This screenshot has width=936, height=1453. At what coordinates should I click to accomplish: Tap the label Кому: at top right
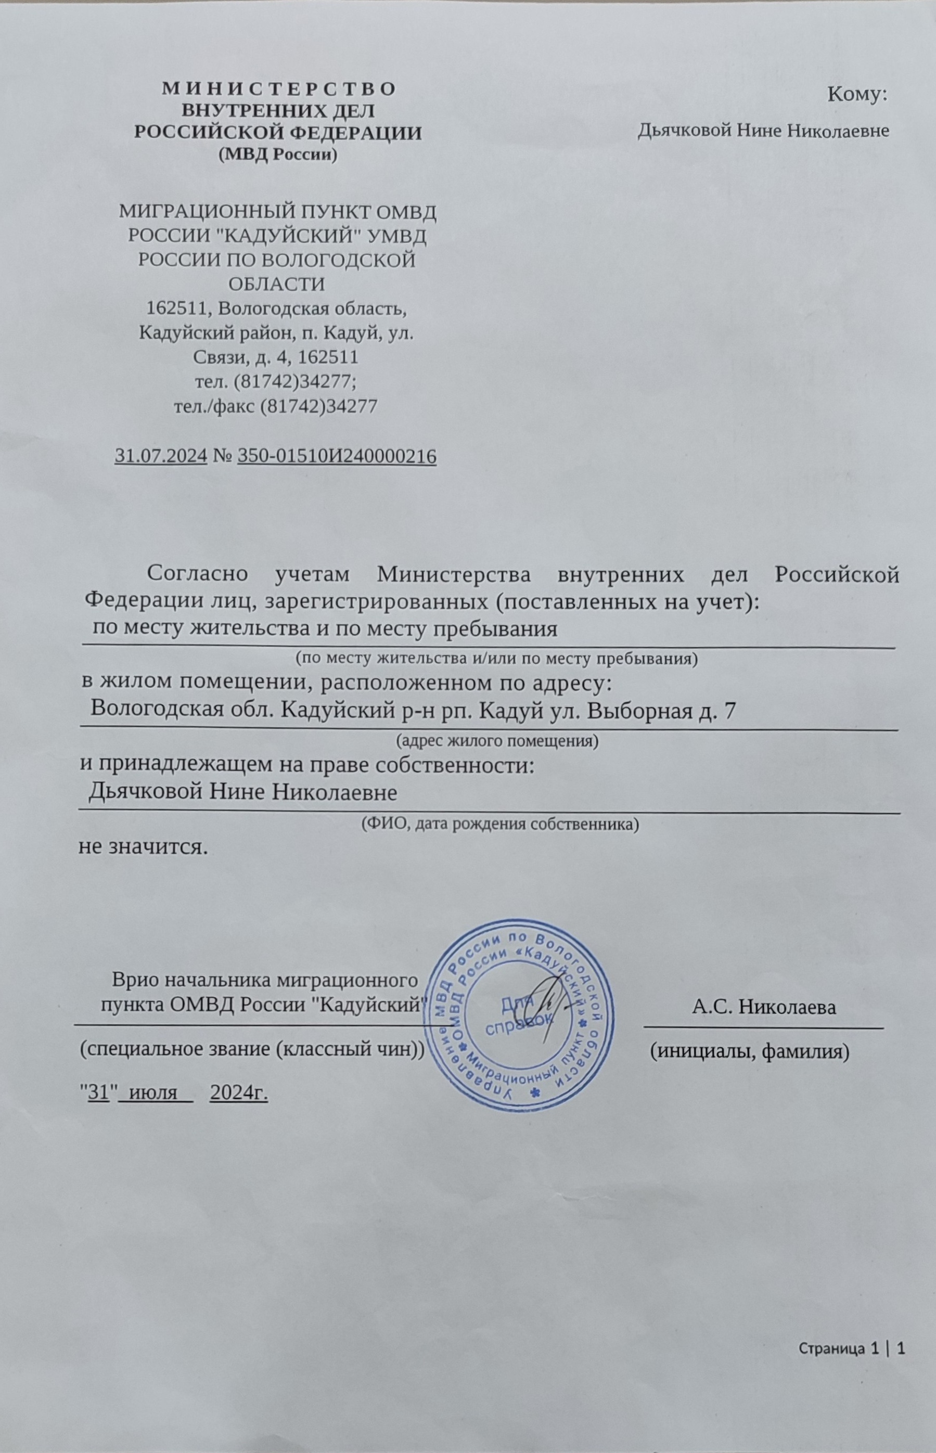(x=857, y=94)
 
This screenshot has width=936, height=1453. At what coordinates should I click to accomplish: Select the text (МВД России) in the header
(x=278, y=155)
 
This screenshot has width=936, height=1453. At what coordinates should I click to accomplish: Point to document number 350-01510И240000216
(x=337, y=456)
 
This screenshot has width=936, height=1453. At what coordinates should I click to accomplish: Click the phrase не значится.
(x=144, y=846)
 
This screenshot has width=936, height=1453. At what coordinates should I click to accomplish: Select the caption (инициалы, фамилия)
(x=749, y=1052)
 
